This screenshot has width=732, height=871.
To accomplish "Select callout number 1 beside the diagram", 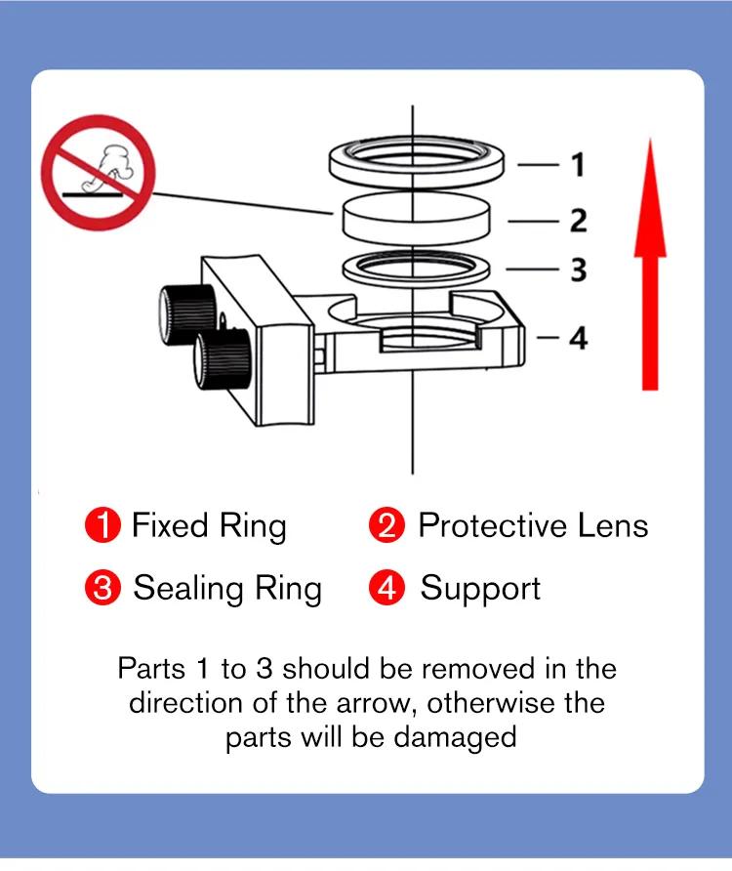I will (578, 164).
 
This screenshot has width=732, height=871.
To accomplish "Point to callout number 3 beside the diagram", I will (578, 269).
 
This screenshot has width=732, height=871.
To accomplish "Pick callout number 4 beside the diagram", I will (578, 338).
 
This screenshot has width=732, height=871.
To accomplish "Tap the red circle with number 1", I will (102, 526).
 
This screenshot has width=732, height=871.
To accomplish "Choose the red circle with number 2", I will (386, 526).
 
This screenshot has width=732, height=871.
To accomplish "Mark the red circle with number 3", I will (102, 589).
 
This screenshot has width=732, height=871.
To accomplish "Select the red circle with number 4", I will (386, 589).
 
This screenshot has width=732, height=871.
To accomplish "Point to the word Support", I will (480, 590).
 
